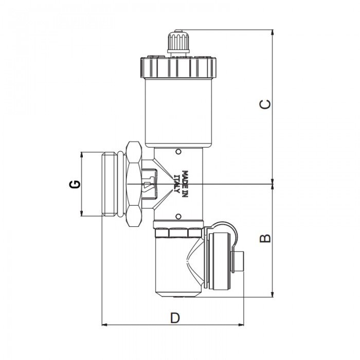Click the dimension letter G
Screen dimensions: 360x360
click(x=75, y=184)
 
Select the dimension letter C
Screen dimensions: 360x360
click(x=265, y=104)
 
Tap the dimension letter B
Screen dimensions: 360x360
click(x=265, y=238)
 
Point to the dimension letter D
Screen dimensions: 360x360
click(x=175, y=318)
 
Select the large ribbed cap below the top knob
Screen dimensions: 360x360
click(x=177, y=67)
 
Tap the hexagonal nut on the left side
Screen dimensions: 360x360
click(x=133, y=184)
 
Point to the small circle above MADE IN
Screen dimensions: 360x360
click(x=178, y=152)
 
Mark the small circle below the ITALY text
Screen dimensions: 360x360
click(x=178, y=216)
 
